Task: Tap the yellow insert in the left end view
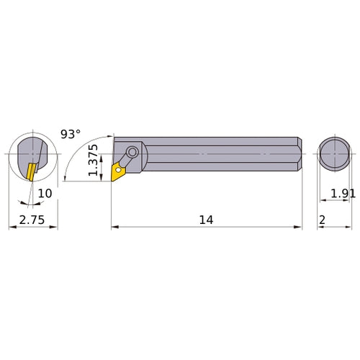(30, 171)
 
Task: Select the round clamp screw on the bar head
(133, 153)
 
